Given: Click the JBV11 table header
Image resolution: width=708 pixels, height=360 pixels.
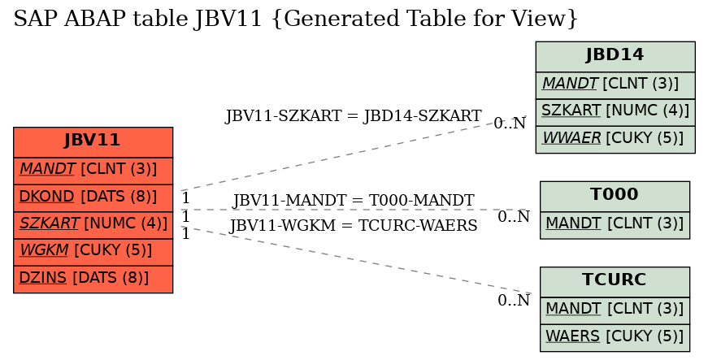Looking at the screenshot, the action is click(93, 142).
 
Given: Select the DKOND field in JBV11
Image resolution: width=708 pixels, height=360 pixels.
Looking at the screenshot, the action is click(93, 197).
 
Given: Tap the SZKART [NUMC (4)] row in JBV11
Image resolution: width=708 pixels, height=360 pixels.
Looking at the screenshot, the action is click(93, 224).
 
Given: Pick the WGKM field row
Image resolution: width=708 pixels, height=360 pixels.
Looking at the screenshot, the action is click(93, 252).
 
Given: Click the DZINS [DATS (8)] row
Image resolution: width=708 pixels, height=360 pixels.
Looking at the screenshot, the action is click(93, 279).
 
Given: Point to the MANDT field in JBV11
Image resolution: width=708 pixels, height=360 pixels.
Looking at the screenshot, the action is click(93, 171).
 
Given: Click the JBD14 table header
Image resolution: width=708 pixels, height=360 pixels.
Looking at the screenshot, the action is click(615, 56).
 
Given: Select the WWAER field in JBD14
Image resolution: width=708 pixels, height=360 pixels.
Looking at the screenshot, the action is click(615, 139).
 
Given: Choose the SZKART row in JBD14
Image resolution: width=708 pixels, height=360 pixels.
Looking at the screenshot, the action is click(615, 112).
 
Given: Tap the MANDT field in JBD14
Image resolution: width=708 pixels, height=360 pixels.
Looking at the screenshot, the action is click(615, 85).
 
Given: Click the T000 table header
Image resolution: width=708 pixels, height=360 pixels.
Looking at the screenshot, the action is click(615, 196).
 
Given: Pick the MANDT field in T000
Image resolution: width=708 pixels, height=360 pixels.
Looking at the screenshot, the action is click(615, 224).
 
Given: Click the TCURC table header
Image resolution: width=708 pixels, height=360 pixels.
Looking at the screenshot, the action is click(615, 281).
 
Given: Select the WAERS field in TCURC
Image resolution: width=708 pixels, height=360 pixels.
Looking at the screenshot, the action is click(615, 337).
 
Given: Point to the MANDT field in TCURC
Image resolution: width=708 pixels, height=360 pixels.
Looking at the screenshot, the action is click(615, 310).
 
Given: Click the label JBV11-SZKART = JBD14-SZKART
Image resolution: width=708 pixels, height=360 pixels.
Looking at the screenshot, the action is click(353, 116).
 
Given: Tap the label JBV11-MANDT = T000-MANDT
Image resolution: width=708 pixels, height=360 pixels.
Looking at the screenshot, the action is click(353, 200).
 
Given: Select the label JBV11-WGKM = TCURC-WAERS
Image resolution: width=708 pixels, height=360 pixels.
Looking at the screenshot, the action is click(353, 225).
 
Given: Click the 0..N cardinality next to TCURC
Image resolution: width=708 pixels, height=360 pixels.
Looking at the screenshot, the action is click(514, 300).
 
